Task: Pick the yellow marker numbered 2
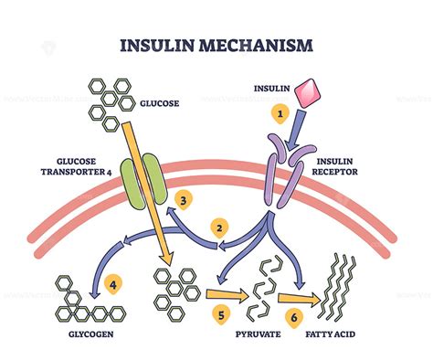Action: pos(218,225)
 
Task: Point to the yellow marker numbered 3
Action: pos(185,197)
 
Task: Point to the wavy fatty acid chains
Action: pos(339,287)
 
